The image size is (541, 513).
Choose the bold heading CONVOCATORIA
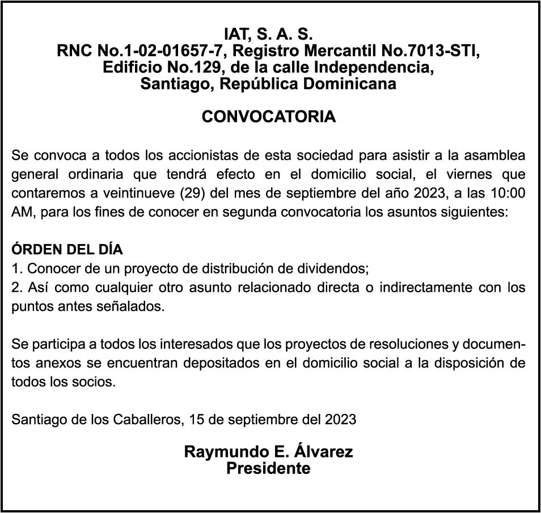pyautogui.click(x=269, y=117)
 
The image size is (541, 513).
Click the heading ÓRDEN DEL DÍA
pyautogui.click(x=67, y=250)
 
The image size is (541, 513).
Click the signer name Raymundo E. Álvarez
pyautogui.click(x=268, y=452)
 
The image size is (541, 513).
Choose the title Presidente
pyautogui.click(x=268, y=469)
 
